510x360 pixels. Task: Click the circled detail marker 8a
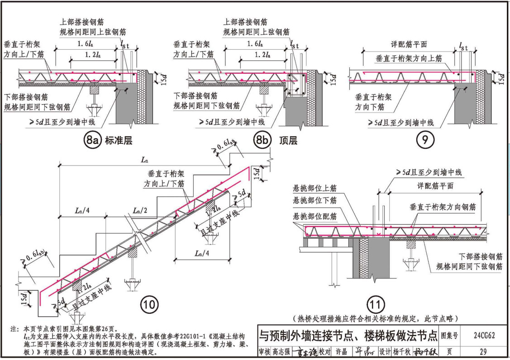[92, 141]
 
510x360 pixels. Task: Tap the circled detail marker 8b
[262, 141]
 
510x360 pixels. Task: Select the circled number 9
[425, 141]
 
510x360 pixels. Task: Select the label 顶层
[288, 141]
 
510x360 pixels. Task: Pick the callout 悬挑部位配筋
[315, 217]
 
